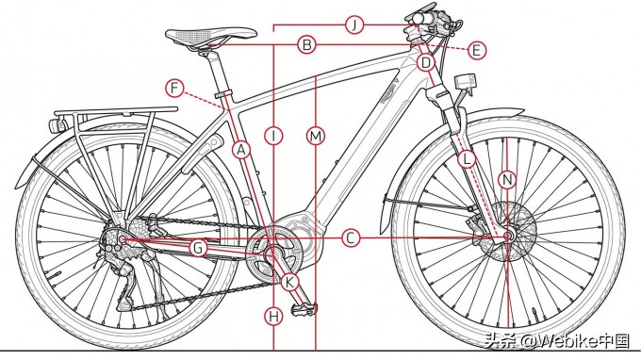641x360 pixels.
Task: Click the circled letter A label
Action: click(241, 149)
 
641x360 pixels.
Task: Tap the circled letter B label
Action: click(306, 43)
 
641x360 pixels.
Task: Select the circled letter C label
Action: click(351, 238)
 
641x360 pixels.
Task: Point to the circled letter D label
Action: click(426, 63)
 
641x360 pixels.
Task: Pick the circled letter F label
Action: click(174, 89)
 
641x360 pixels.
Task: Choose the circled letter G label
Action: click(198, 248)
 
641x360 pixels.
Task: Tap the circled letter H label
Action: click(273, 316)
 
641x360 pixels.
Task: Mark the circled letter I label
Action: click(273, 137)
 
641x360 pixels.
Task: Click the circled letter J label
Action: click(353, 25)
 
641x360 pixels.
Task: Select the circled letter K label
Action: click(289, 281)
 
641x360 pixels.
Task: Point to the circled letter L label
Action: click(468, 160)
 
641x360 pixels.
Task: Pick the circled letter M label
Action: click(315, 137)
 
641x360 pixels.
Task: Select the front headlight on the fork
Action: click(463, 83)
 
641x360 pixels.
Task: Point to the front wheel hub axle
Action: click(508, 236)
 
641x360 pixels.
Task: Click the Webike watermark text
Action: click(563, 340)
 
